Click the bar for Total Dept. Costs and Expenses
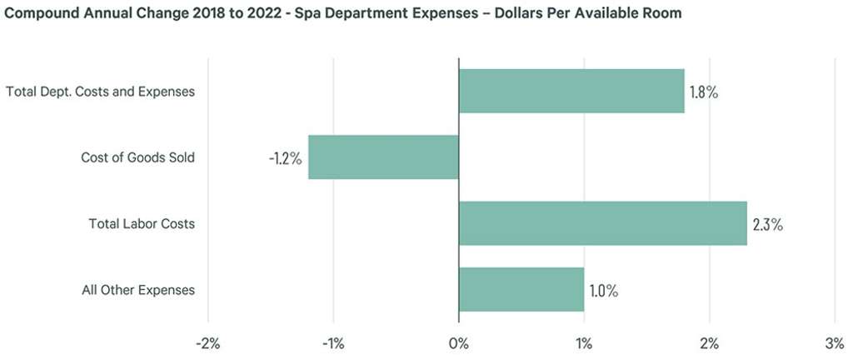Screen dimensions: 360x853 (571, 91)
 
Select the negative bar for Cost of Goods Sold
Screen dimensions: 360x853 (383, 157)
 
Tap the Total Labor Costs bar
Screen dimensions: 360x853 (602, 223)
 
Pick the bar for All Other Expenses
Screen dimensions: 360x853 (521, 290)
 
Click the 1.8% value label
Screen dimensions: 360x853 (704, 92)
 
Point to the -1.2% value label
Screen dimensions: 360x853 (285, 157)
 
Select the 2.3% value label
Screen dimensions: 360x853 (767, 224)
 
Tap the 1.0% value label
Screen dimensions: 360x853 (604, 291)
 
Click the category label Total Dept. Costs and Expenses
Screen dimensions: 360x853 (100, 92)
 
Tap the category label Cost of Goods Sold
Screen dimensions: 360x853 (137, 157)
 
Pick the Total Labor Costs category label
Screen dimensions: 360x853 (142, 224)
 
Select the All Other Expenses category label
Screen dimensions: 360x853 (138, 291)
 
